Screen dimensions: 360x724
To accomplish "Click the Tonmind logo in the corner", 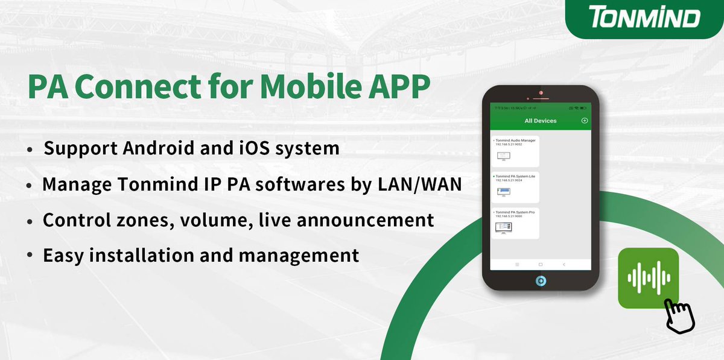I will click(645, 18).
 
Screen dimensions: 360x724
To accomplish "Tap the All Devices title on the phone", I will click(541, 121).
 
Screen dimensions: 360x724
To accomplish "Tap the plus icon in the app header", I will click(584, 121).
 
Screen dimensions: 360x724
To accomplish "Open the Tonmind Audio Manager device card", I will click(515, 151).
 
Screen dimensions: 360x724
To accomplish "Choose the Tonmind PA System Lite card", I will click(515, 187).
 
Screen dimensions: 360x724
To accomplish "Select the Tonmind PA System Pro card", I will click(515, 223).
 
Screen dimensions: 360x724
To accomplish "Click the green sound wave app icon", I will click(649, 278).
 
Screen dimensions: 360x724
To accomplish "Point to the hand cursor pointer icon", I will click(680, 314).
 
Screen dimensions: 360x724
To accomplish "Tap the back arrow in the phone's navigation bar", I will click(564, 265).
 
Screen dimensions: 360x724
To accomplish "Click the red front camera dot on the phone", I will click(541, 93).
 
